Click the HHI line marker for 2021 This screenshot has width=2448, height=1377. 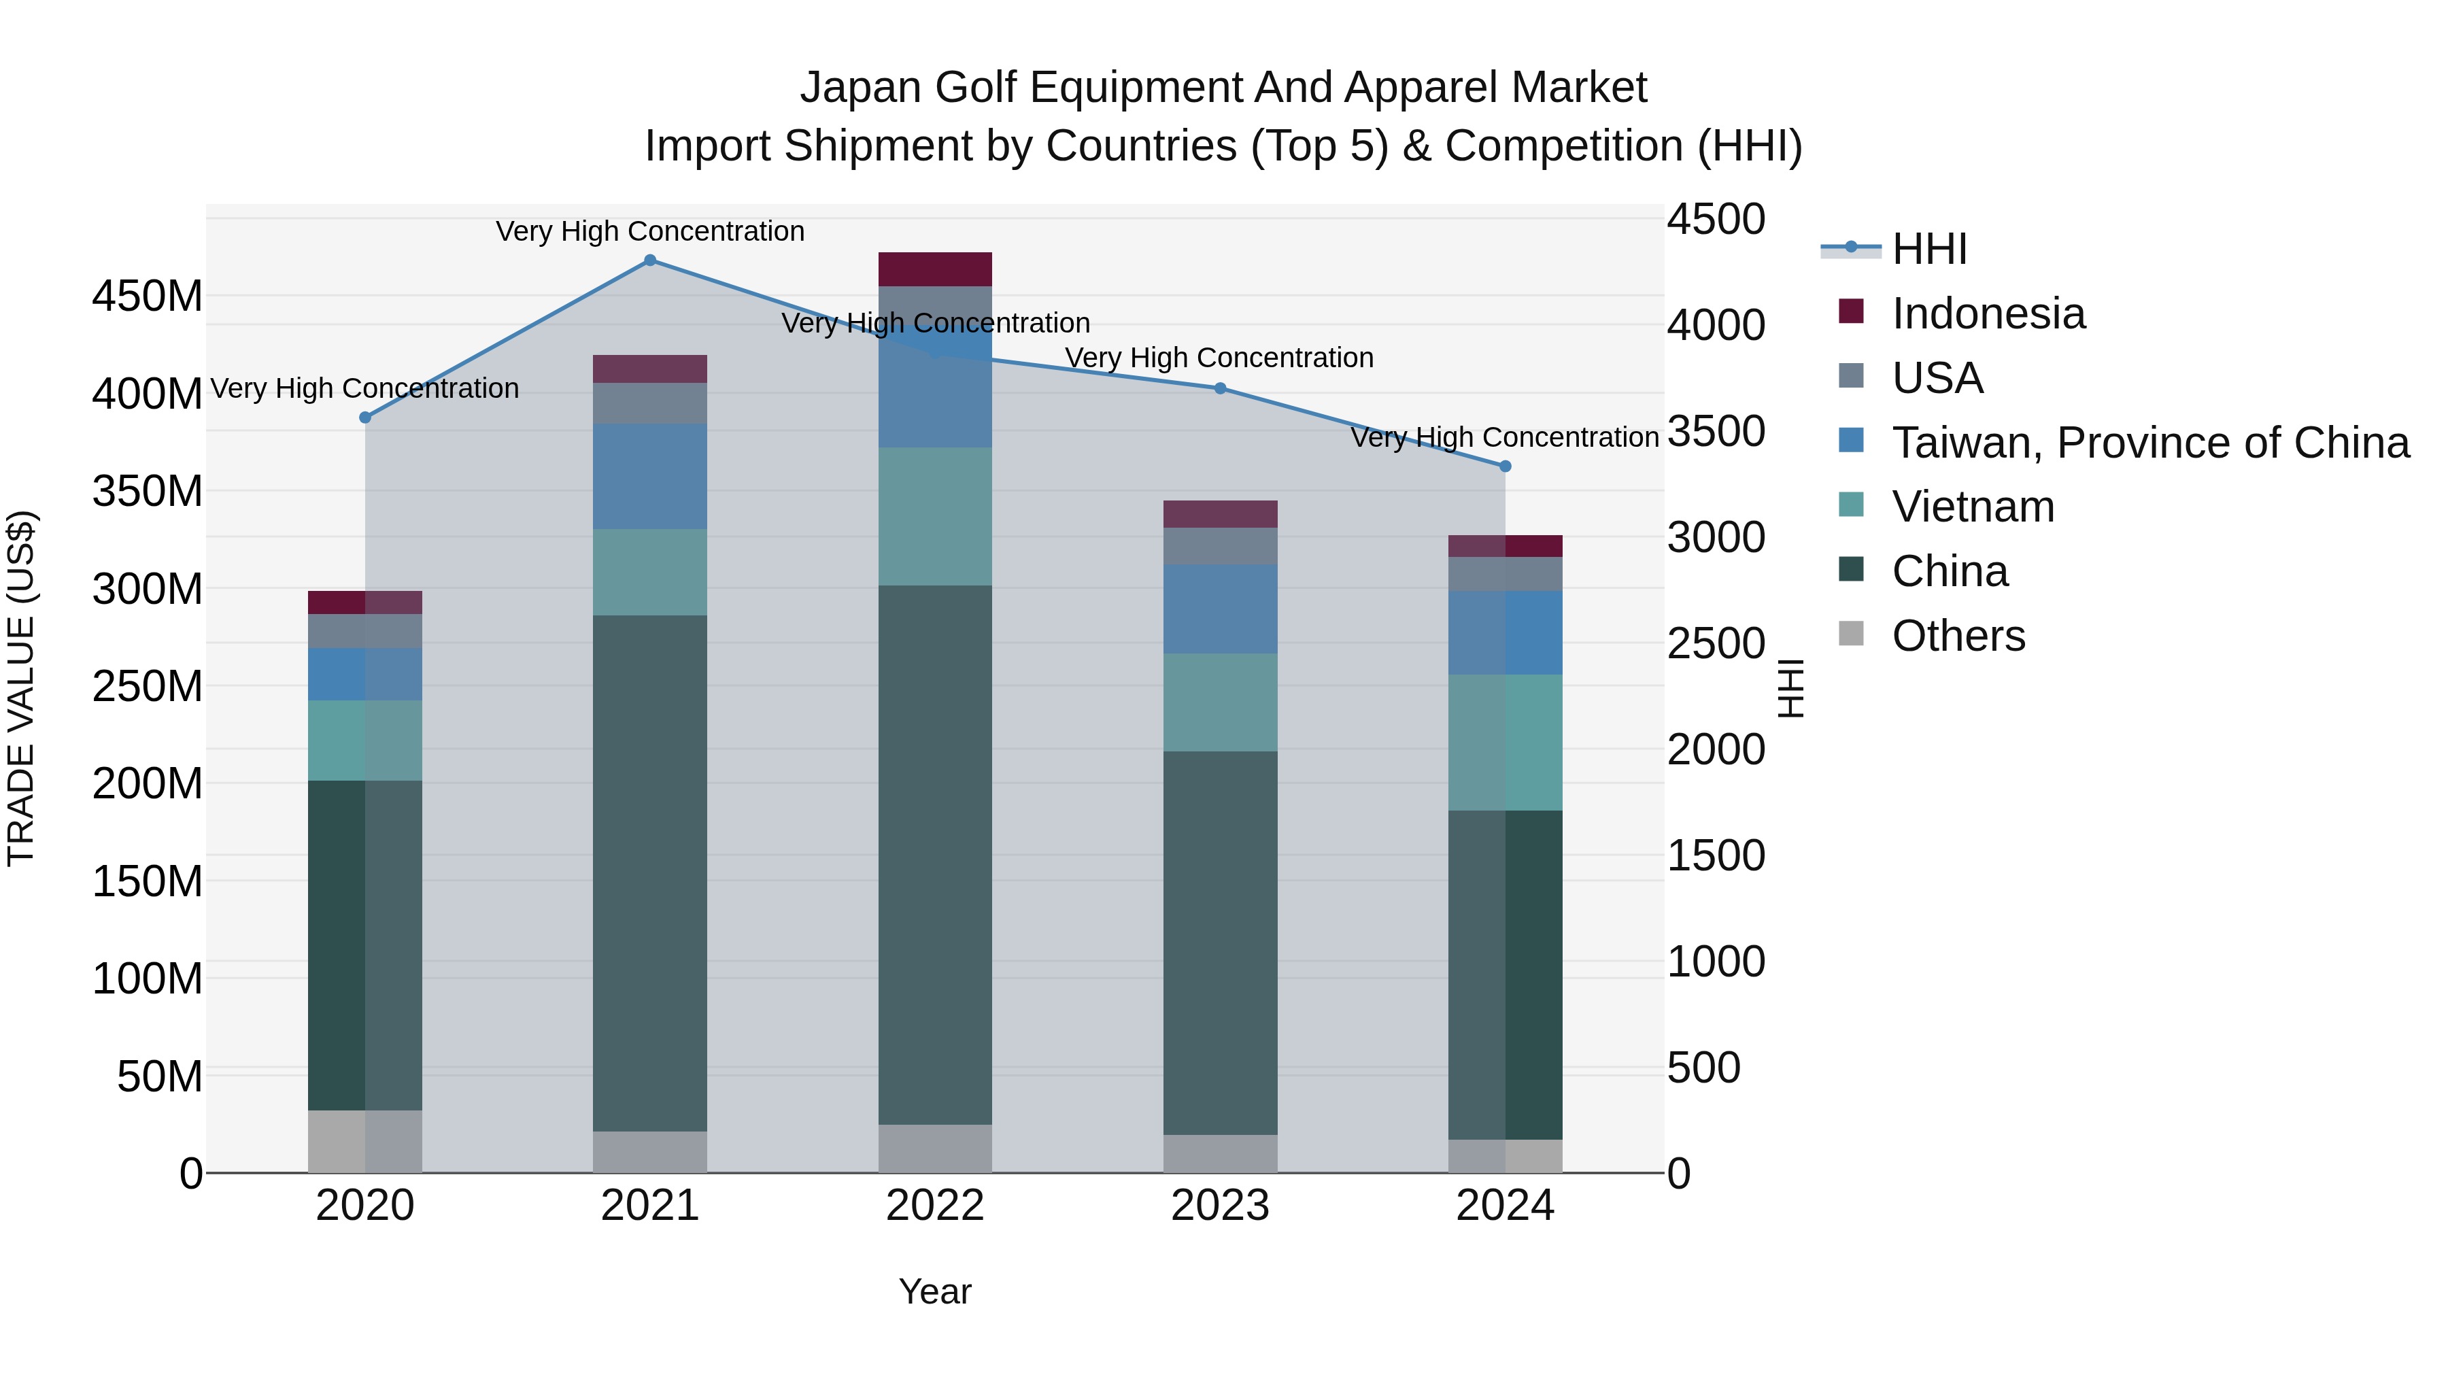[650, 260]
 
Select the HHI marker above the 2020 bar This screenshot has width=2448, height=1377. [365, 418]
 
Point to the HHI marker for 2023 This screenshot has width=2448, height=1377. [1220, 388]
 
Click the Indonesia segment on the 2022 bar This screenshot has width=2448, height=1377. [935, 269]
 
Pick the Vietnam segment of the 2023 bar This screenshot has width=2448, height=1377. [1220, 702]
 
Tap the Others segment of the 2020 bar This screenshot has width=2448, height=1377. [365, 1140]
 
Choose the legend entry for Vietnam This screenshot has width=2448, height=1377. [1973, 507]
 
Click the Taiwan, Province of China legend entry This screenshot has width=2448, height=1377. [2149, 443]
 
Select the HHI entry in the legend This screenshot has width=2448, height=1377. [1928, 249]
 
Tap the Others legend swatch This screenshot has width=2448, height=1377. [1851, 634]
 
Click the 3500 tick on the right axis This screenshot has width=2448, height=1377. [1716, 431]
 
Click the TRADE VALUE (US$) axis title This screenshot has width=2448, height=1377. [21, 688]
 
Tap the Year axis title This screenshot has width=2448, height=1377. [935, 1291]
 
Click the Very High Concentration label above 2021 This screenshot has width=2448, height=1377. [650, 231]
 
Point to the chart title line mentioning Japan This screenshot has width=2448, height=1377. [1223, 88]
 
